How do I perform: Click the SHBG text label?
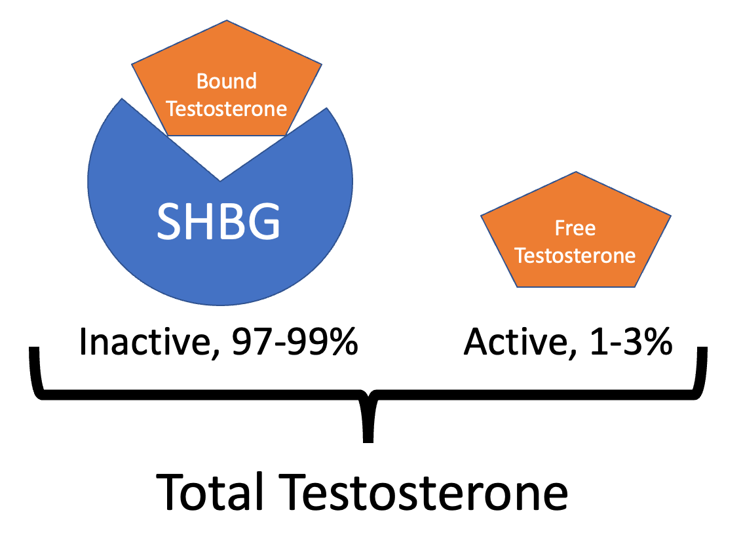219,221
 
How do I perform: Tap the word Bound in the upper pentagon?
227,82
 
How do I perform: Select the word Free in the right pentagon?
575,228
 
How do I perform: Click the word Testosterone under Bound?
227,108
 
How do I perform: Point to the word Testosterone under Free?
575,255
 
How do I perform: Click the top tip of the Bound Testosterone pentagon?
227,21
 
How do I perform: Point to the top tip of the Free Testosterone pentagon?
575,173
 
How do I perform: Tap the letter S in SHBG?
169,221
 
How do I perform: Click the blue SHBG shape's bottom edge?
220,305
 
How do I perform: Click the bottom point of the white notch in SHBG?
221,180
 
